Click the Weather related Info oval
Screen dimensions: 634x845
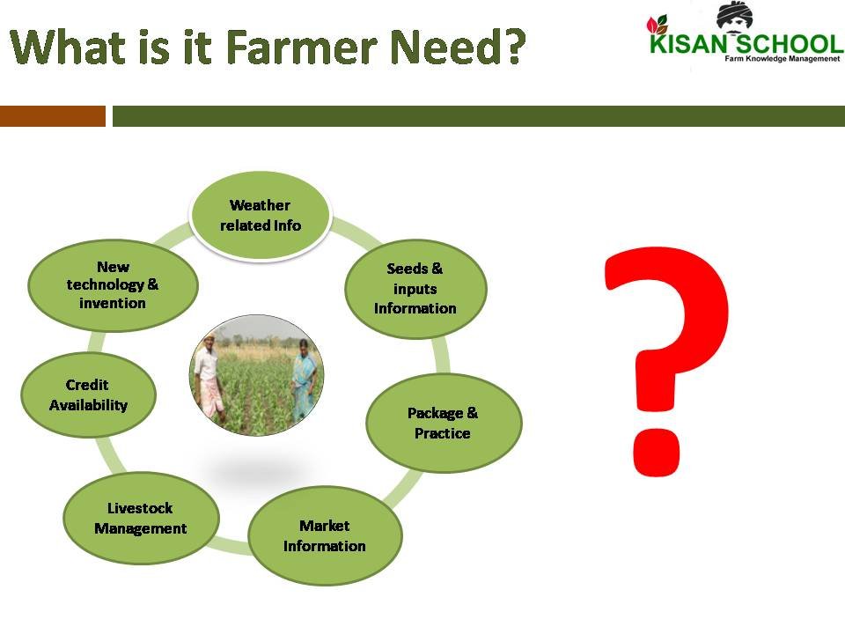(x=260, y=215)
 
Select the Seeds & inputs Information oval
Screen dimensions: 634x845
(x=415, y=289)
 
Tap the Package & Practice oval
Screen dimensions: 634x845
(x=443, y=423)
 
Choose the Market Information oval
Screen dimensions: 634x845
(x=324, y=535)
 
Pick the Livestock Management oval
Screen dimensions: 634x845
(x=141, y=518)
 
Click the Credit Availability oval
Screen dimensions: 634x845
(x=88, y=394)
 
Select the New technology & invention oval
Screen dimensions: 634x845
(x=113, y=284)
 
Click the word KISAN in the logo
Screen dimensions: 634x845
(x=687, y=44)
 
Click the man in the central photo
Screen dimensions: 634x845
(x=209, y=379)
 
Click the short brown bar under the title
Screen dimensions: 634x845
(x=52, y=116)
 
